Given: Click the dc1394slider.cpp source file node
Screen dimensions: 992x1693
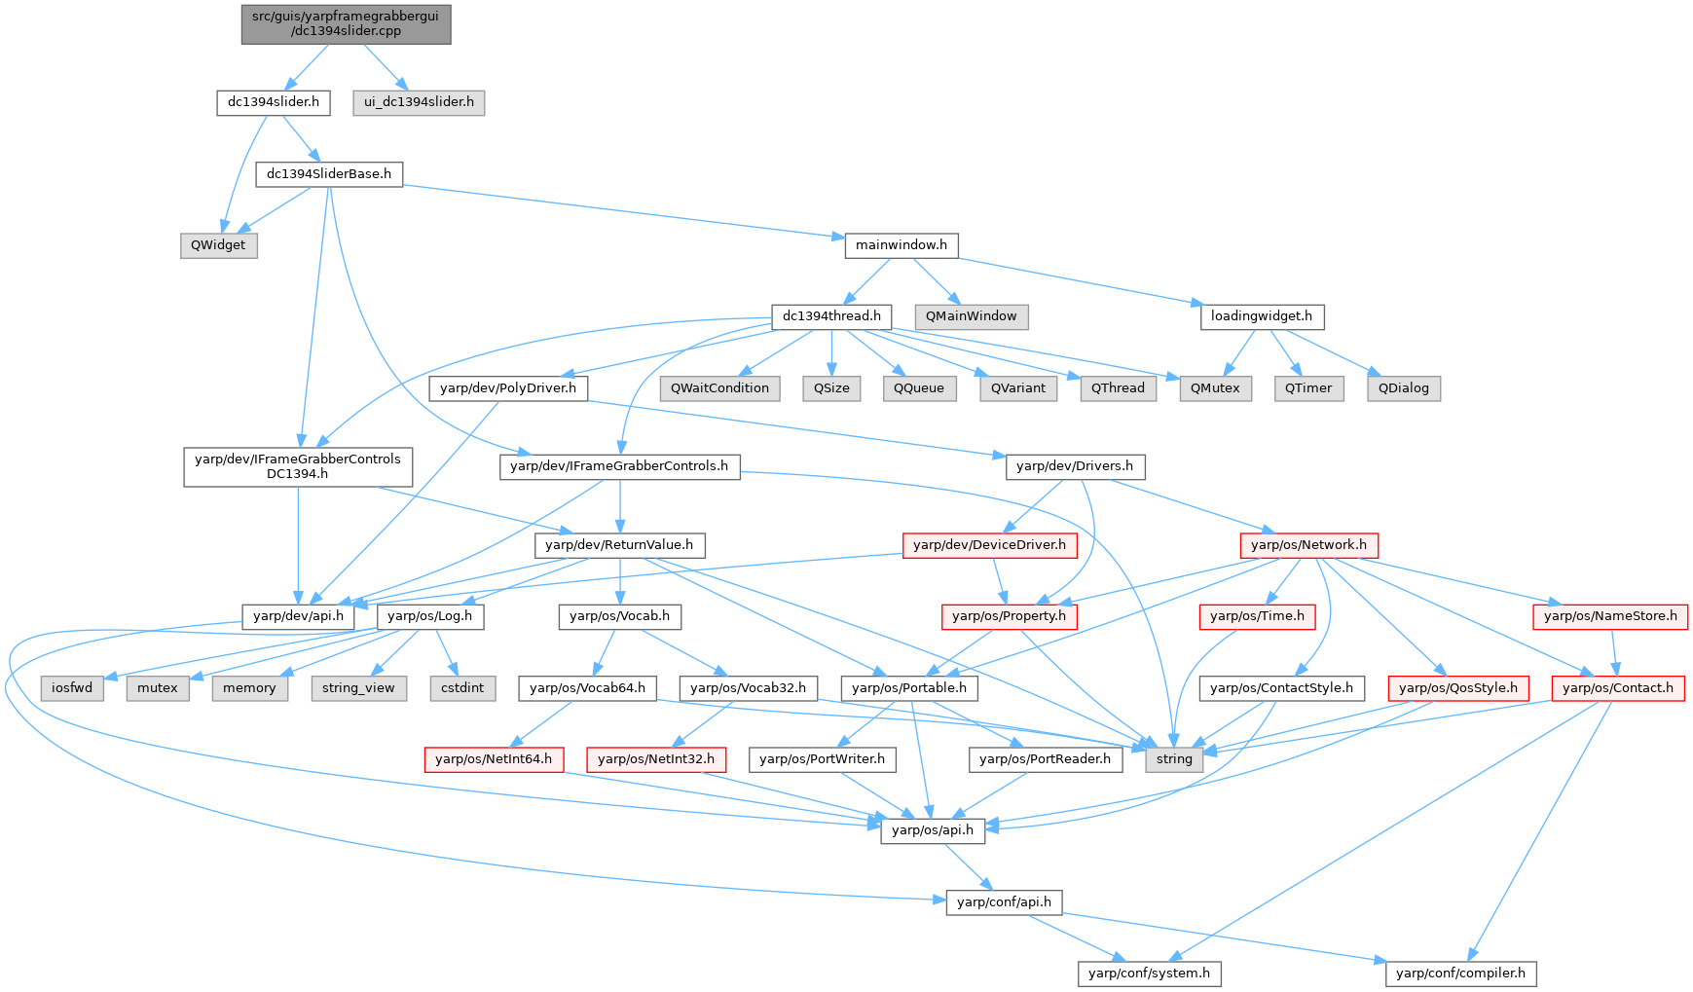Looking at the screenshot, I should pyautogui.click(x=346, y=23).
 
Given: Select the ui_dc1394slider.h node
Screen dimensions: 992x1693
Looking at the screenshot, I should pyautogui.click(x=419, y=102).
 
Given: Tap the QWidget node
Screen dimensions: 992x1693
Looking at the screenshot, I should pyautogui.click(x=218, y=245).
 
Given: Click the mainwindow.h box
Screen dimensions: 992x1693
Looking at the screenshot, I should pyautogui.click(x=901, y=245).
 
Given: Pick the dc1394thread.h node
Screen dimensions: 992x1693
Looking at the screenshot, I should pyautogui.click(x=831, y=316).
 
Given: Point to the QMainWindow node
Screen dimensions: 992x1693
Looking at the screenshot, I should pyautogui.click(x=971, y=316).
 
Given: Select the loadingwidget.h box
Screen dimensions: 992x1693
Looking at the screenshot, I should pyautogui.click(x=1262, y=316).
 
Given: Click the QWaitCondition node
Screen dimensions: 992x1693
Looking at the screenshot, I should pyautogui.click(x=719, y=388).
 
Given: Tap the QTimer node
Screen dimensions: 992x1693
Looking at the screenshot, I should pyautogui.click(x=1307, y=388).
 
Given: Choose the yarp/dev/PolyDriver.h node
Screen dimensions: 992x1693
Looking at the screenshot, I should pyautogui.click(x=508, y=388).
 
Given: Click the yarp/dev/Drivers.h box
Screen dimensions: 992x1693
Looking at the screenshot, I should pyautogui.click(x=1075, y=466).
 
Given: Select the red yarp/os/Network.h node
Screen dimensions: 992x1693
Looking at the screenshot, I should pyautogui.click(x=1308, y=545).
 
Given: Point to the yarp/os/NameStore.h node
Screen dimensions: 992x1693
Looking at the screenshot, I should pyautogui.click(x=1610, y=616).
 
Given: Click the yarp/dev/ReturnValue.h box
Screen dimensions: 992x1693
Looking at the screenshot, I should pyautogui.click(x=619, y=545).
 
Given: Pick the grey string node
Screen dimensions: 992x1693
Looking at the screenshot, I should pyautogui.click(x=1174, y=759).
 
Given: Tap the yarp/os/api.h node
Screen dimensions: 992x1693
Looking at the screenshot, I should pyautogui.click(x=932, y=830).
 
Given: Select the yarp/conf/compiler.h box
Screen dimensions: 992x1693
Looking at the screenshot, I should pyautogui.click(x=1460, y=974).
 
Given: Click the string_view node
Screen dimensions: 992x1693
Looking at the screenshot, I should pyautogui.click(x=358, y=688).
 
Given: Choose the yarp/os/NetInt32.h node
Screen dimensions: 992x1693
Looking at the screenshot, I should pyautogui.click(x=656, y=759).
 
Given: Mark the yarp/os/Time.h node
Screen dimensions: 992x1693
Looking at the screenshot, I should pyautogui.click(x=1257, y=616).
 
